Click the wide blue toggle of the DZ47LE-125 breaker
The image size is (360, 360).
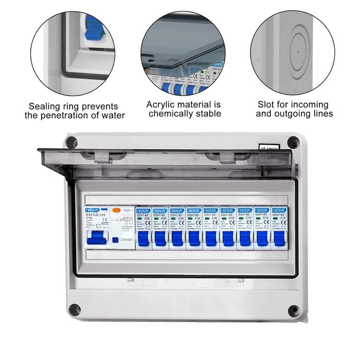point(96,238)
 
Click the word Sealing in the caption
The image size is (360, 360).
point(45,106)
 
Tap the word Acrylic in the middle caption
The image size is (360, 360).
point(163,104)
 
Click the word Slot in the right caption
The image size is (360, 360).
point(266,104)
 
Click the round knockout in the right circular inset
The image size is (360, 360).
point(297,45)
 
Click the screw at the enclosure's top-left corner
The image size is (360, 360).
point(72,142)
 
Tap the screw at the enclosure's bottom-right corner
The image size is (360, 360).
point(294,311)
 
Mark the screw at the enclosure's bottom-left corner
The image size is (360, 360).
point(75,310)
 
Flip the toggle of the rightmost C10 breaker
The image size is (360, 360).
point(279,238)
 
